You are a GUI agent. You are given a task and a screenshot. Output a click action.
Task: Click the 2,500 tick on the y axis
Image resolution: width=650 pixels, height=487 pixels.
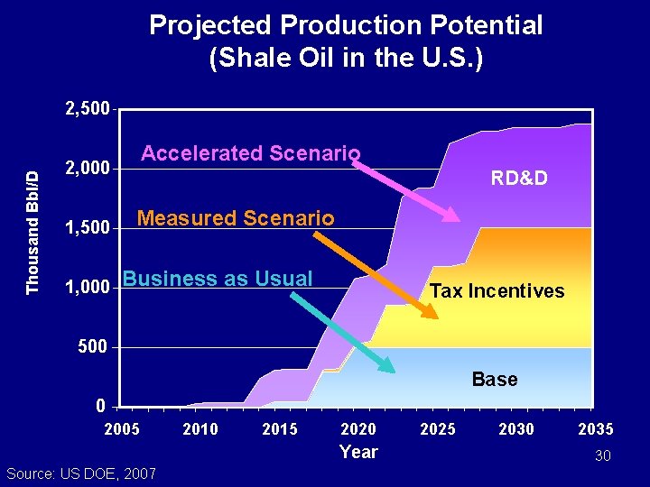[x=87, y=109]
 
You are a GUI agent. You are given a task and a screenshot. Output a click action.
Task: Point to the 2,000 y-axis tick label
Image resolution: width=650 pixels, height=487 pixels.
[x=87, y=169]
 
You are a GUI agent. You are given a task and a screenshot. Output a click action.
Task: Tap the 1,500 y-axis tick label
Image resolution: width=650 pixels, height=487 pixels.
[x=87, y=228]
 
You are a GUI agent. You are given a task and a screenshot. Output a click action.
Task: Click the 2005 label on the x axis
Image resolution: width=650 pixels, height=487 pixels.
[x=122, y=429]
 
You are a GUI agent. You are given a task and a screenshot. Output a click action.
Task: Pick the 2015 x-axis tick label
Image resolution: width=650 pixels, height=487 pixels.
[x=279, y=429]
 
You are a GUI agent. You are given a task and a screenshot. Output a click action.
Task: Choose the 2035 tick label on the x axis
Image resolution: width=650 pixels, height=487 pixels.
[x=595, y=429]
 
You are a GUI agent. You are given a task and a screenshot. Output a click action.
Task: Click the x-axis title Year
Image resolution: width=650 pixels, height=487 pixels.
[x=358, y=452]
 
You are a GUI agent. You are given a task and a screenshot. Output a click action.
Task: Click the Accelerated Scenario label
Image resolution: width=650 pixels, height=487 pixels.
[x=250, y=153]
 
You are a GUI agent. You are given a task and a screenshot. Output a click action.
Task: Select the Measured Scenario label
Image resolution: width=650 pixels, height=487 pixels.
[x=235, y=218]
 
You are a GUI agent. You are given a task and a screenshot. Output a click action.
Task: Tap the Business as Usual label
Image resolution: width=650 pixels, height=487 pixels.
[x=218, y=279]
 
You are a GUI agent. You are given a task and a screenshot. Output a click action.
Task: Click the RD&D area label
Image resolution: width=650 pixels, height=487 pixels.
[x=519, y=179]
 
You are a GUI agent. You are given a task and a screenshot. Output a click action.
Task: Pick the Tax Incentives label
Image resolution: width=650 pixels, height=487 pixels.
[x=497, y=291]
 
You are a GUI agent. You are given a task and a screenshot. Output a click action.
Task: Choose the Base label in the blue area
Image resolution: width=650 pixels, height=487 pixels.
[x=495, y=380]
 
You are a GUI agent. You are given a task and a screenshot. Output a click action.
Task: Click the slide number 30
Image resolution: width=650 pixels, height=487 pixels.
[x=602, y=456]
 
